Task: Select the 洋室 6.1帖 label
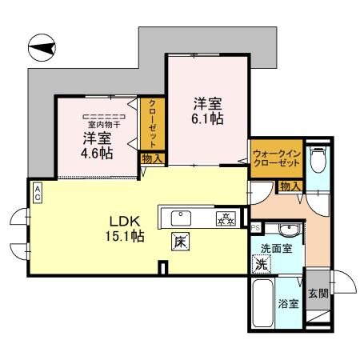[x=207, y=111]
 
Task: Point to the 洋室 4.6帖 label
[x=94, y=143]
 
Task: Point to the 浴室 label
[x=288, y=305]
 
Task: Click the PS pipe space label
[x=255, y=226]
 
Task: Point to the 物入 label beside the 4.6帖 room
[x=152, y=159]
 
